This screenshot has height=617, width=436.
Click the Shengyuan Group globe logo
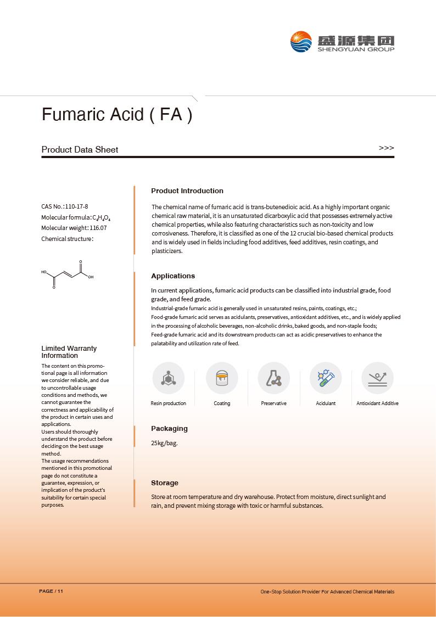[x=301, y=42]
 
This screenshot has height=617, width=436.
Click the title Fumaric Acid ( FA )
[x=117, y=115]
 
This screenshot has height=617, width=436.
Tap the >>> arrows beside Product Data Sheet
[x=386, y=148]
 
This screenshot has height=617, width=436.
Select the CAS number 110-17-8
[x=76, y=207]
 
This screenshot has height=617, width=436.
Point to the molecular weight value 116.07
[x=98, y=228]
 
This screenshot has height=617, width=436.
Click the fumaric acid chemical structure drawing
[x=67, y=274]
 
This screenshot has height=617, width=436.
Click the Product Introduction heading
[x=187, y=191]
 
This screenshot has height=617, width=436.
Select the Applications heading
[x=173, y=276]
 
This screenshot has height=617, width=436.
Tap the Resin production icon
[x=168, y=378]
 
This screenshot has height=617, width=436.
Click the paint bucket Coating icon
[x=222, y=378]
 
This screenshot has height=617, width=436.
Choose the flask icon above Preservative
[x=273, y=378]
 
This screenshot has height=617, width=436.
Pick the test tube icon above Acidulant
[x=326, y=378]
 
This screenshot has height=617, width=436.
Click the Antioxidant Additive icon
[x=377, y=378]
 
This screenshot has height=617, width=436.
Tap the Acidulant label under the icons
[x=326, y=403]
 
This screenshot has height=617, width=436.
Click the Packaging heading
[x=169, y=429]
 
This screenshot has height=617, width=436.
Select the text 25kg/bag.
[x=164, y=443]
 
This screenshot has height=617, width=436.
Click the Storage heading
[x=165, y=483]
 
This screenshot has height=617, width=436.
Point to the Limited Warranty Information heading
[x=69, y=352]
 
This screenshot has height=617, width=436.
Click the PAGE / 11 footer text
[x=51, y=591]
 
